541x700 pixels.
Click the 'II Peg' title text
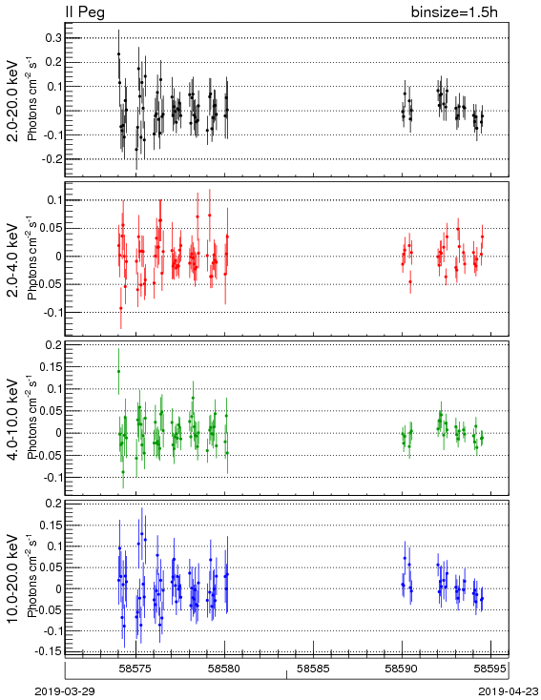point(85,11)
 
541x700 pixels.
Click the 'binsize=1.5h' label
point(454,12)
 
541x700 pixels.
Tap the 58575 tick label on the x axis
point(135,669)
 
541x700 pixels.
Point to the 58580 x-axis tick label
point(225,669)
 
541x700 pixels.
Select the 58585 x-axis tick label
point(313,669)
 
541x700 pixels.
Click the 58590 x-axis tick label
point(402,669)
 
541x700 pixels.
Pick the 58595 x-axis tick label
point(490,669)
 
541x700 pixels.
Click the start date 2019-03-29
point(65,691)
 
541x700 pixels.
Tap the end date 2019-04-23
point(509,691)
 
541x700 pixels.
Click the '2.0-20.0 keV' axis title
point(13,100)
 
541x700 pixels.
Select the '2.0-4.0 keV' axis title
point(13,259)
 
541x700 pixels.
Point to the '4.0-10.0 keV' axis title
point(13,420)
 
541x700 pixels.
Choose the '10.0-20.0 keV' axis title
point(13,579)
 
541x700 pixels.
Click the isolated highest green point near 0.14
point(119,371)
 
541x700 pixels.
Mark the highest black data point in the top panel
point(119,54)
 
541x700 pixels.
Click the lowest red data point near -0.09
point(120,308)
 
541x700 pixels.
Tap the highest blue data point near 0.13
point(142,533)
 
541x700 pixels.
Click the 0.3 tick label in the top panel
point(53,38)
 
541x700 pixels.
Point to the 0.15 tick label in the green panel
point(51,367)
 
